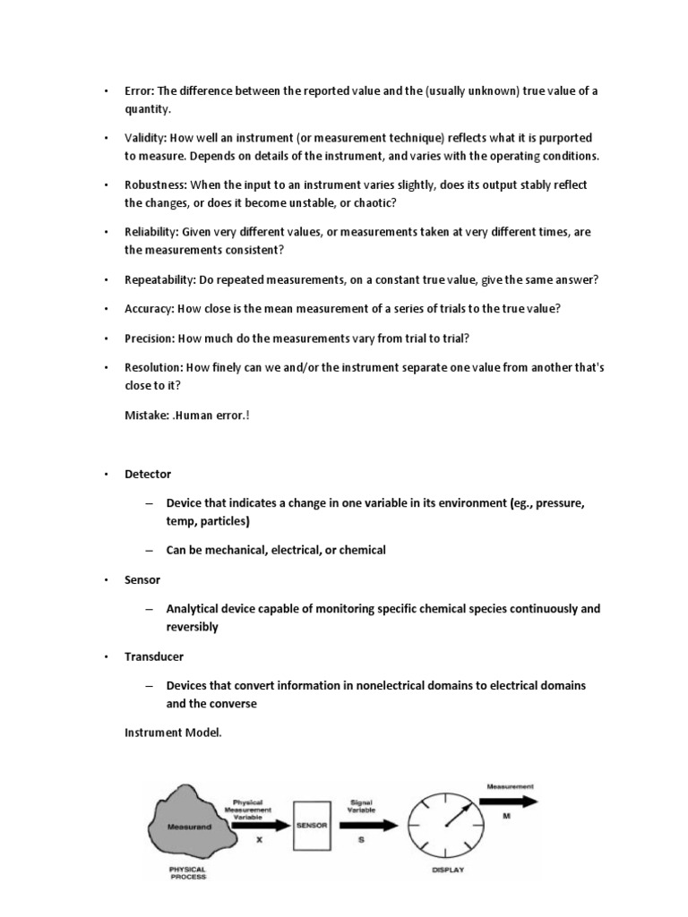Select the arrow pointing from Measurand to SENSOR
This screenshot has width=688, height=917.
coord(261,824)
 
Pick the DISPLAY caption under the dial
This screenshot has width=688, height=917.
coord(448,870)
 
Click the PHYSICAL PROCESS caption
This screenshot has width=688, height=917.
coord(187,872)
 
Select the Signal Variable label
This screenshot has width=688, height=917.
coord(360,806)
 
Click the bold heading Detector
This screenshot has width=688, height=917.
coord(148,473)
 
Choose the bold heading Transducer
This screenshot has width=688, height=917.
coord(155,656)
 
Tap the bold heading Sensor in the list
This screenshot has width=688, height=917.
coord(142,580)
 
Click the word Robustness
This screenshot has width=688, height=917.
coord(156,184)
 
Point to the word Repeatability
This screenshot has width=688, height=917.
coord(159,279)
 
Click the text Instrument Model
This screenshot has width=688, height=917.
coord(173,733)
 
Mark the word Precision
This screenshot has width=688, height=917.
coord(149,339)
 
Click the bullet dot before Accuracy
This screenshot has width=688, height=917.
coord(104,309)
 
